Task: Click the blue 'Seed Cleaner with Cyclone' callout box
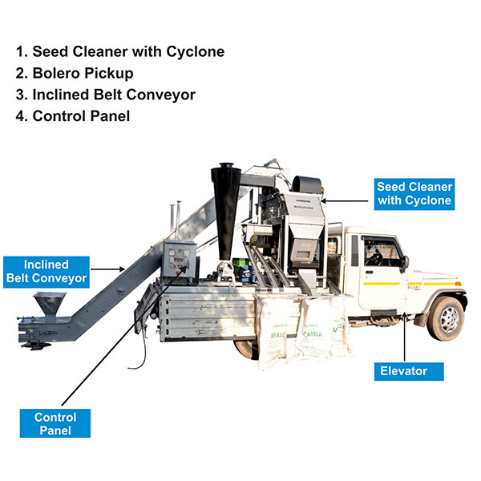point(414,193)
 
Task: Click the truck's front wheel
point(446,317)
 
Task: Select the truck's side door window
point(382,250)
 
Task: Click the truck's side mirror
point(406,262)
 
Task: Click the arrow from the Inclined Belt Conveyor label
point(108,269)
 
